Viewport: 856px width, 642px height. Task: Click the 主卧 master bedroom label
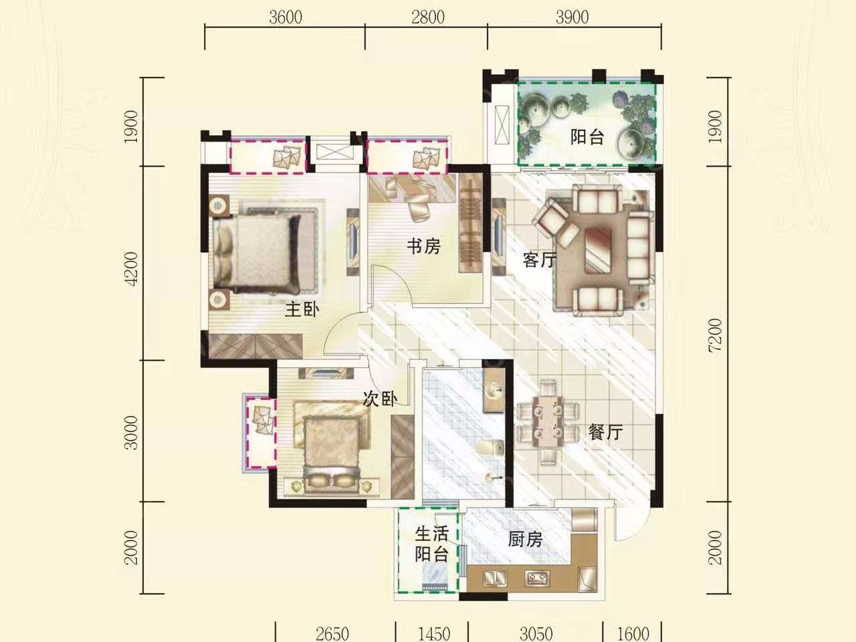coord(302,310)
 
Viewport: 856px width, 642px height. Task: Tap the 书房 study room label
coord(423,246)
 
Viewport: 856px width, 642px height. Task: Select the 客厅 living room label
coord(540,259)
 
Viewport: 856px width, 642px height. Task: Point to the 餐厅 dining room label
coord(605,432)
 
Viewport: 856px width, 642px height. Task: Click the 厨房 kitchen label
coord(525,540)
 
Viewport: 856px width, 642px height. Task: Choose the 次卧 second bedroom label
coord(381,399)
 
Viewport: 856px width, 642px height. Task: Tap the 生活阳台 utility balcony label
coord(431,544)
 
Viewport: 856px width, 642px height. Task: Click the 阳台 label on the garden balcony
coord(587,137)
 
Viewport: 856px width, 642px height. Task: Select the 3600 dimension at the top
coord(286,17)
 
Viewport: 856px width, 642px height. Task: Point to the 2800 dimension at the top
coord(428,17)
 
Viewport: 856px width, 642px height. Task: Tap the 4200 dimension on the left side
coord(132,269)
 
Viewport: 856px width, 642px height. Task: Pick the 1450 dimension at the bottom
coord(434,634)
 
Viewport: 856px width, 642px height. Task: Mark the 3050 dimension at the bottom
coord(536,634)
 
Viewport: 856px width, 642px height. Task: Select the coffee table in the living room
coord(598,249)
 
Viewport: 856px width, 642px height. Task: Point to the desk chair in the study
coord(418,208)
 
